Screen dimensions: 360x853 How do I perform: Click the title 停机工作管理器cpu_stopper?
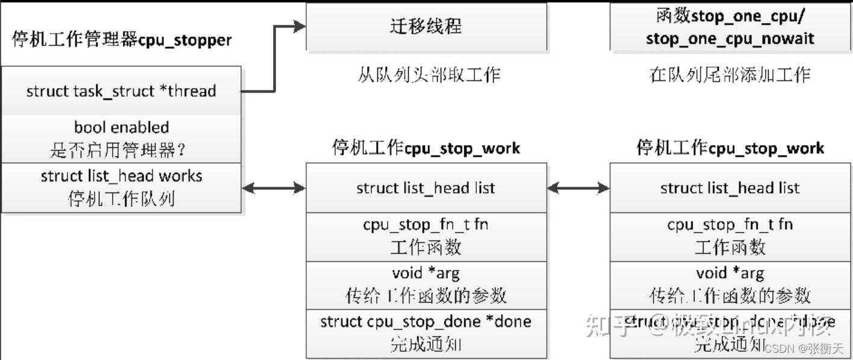(x=121, y=40)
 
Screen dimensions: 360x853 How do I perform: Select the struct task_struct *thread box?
(x=121, y=91)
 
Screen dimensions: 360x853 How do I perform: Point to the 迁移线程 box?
(x=426, y=27)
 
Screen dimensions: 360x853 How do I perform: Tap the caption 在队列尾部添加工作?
(x=729, y=75)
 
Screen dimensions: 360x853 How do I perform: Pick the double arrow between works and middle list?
(x=274, y=188)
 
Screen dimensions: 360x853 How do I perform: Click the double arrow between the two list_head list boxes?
(x=578, y=188)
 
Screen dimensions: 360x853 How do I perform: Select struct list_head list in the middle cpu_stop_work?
(x=426, y=188)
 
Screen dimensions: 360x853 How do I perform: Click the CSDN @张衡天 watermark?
(x=804, y=349)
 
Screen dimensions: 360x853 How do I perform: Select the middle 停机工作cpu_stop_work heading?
(x=426, y=148)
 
